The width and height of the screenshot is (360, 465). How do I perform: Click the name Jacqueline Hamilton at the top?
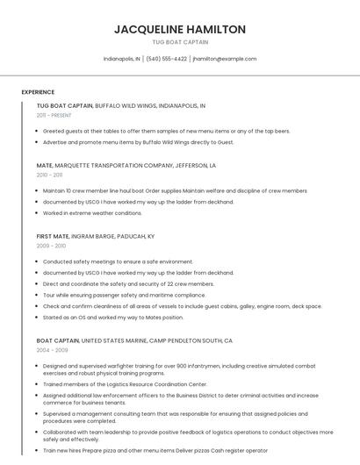pos(180,29)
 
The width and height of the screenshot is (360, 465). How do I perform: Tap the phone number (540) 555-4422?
pos(167,59)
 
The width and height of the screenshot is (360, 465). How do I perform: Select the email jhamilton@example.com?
pos(225,59)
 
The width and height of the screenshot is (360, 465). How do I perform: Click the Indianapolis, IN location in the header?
pos(122,59)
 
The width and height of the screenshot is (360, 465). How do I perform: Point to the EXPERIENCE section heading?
pos(38,92)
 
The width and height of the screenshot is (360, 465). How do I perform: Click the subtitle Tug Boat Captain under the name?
pos(180,42)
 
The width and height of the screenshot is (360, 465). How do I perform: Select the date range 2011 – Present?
pos(54,115)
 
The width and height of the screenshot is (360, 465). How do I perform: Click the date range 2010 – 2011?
pos(50,175)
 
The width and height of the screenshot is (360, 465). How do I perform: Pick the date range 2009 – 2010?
pos(51,246)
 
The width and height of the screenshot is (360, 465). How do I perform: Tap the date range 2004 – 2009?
pos(52,349)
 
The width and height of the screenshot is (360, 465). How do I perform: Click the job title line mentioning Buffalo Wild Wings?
pos(121,105)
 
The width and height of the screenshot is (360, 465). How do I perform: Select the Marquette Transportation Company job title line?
pos(126,165)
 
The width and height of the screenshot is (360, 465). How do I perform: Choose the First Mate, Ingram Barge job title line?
pos(96,236)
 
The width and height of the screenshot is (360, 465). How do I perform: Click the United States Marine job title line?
pos(134,340)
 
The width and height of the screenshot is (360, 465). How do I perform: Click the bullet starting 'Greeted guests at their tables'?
pos(166,131)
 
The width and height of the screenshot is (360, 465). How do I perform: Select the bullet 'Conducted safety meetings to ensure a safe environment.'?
pos(118,261)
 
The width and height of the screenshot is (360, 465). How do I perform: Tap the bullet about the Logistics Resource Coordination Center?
pos(125,384)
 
